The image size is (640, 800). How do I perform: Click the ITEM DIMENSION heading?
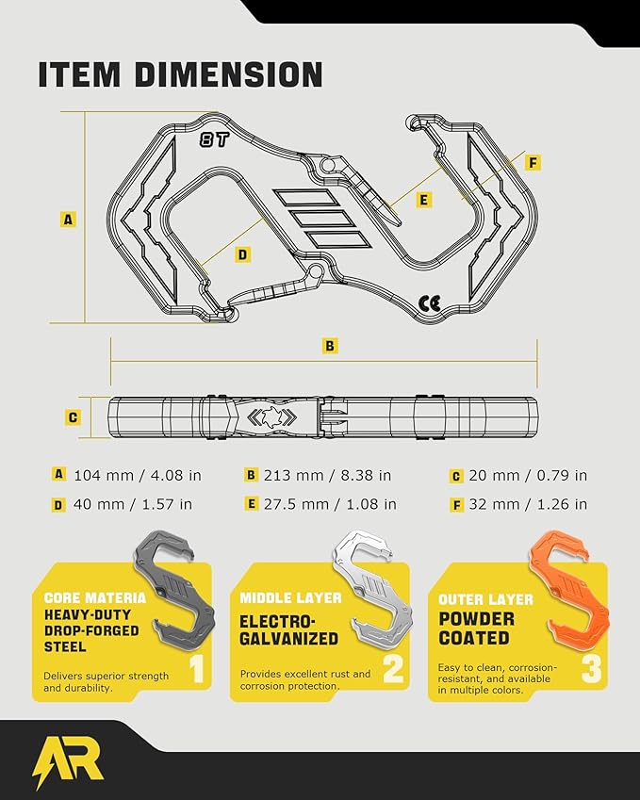[180, 74]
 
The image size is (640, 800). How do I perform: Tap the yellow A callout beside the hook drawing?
[68, 220]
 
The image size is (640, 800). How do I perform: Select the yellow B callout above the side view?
[330, 346]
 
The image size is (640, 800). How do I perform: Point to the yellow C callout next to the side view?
[73, 417]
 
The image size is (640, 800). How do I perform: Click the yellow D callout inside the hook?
[243, 254]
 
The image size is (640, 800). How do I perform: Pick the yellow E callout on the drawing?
[423, 200]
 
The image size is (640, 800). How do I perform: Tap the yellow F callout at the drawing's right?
[533, 163]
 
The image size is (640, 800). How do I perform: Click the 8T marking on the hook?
[214, 139]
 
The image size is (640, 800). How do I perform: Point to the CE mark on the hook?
[429, 303]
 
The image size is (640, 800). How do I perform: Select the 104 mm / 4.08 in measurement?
[138, 476]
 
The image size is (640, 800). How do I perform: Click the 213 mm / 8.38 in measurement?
[328, 476]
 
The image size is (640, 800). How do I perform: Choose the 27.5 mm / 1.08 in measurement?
[330, 504]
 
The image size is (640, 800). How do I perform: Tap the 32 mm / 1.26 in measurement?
[528, 504]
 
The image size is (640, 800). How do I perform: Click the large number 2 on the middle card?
[393, 668]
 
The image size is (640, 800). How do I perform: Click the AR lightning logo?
[67, 762]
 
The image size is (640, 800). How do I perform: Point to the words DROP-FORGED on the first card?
[91, 630]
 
